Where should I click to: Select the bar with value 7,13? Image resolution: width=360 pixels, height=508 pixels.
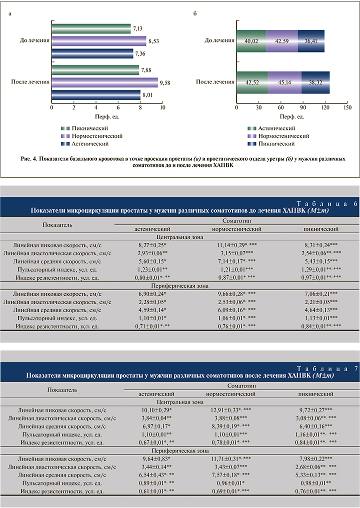91,28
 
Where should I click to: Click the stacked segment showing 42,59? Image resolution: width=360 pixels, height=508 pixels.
281,41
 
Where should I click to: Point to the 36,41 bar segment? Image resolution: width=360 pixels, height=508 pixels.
310,41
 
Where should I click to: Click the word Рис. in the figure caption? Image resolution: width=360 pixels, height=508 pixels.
29,158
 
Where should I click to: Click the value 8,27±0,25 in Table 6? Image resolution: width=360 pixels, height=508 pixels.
152,246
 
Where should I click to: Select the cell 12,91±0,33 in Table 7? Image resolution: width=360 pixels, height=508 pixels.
228,409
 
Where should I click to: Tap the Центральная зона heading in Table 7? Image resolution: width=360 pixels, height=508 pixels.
180,401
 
